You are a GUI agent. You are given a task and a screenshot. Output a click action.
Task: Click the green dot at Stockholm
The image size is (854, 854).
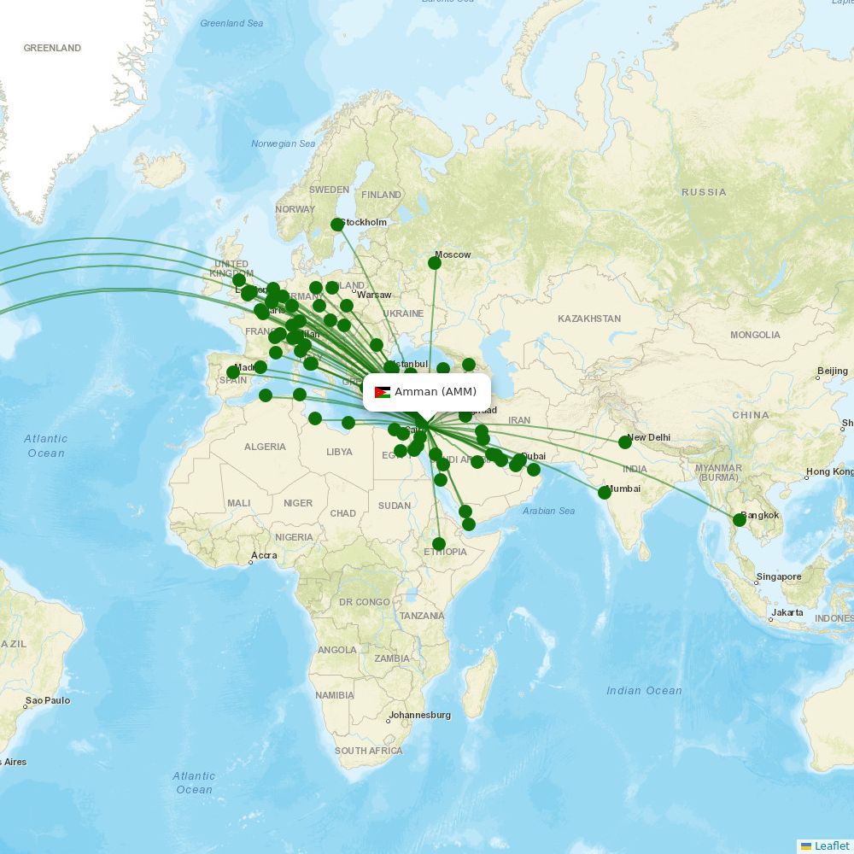[x=337, y=225]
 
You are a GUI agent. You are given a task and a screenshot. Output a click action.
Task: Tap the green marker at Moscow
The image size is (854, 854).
[x=435, y=263]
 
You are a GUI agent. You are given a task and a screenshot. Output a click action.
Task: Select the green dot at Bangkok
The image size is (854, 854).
[x=740, y=520]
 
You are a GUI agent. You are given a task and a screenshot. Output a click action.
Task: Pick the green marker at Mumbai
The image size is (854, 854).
[x=605, y=493]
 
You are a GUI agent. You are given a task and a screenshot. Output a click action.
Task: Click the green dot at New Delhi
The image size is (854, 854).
[x=625, y=442]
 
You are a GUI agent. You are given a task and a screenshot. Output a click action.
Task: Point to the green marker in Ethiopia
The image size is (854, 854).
[x=439, y=544]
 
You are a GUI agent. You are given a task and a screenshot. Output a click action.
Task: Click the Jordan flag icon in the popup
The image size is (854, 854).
[x=383, y=392]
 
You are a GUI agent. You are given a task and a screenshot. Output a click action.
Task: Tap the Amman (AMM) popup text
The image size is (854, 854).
[x=436, y=392]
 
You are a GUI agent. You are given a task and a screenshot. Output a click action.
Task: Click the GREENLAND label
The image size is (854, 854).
[x=52, y=48]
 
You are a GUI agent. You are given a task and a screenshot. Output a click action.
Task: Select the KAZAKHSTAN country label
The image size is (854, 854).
[x=589, y=319]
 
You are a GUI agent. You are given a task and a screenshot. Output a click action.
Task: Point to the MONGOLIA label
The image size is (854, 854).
[x=755, y=335]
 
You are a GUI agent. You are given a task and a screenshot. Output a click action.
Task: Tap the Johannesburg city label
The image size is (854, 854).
[x=419, y=715]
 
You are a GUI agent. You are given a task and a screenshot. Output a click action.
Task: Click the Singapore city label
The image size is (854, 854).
[x=779, y=576]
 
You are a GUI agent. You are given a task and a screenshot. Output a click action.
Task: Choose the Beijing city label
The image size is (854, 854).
[x=833, y=371]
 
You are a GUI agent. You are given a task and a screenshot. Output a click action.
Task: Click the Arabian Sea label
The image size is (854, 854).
[x=548, y=511]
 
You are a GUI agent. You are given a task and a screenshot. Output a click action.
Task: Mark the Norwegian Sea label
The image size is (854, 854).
[x=283, y=143]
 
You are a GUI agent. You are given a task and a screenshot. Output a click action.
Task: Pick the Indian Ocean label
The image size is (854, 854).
[x=644, y=690]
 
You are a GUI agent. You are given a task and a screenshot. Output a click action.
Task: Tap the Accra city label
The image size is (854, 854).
[x=263, y=555]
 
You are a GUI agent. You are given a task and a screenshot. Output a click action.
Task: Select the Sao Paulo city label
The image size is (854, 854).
[x=48, y=700]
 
